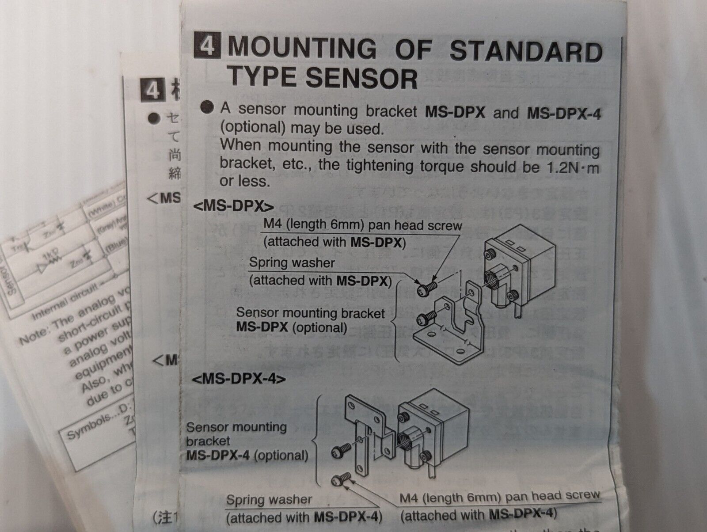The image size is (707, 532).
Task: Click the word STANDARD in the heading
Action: (526, 52)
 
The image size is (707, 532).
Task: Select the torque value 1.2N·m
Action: (570, 167)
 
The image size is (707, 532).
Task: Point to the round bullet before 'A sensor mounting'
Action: (206, 108)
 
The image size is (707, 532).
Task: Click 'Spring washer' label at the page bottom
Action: (269, 500)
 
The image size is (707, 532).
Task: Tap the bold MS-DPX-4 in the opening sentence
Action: (564, 113)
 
